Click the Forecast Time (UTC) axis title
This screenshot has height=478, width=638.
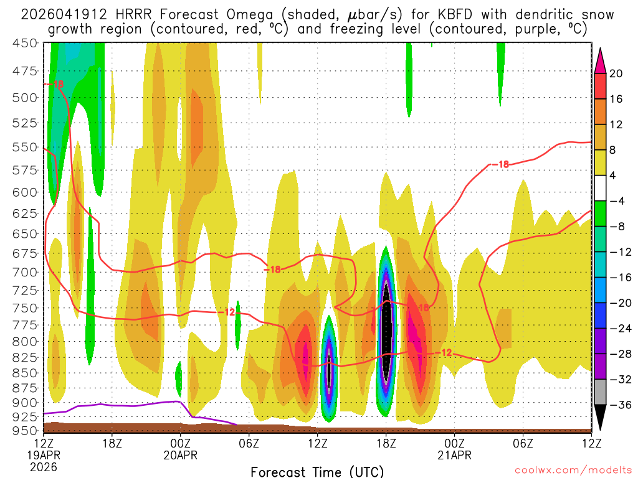tap(317, 471)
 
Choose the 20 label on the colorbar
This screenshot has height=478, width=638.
tap(616, 73)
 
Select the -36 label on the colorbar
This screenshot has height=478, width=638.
tap(619, 405)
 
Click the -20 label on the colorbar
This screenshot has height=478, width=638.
tap(619, 302)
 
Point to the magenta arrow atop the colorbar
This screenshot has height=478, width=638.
tap(600, 60)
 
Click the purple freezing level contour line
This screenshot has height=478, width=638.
tap(125, 405)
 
